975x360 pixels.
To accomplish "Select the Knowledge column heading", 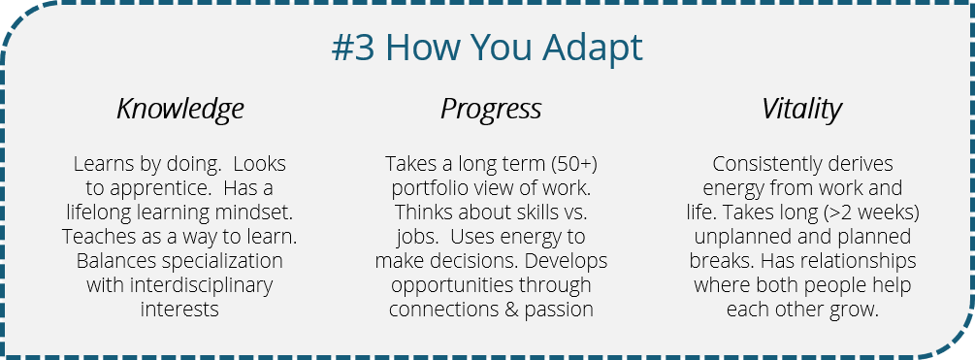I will click(179, 109).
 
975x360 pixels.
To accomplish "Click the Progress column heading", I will click(491, 109).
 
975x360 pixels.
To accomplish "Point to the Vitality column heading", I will click(801, 109).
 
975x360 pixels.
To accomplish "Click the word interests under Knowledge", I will click(179, 310).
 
